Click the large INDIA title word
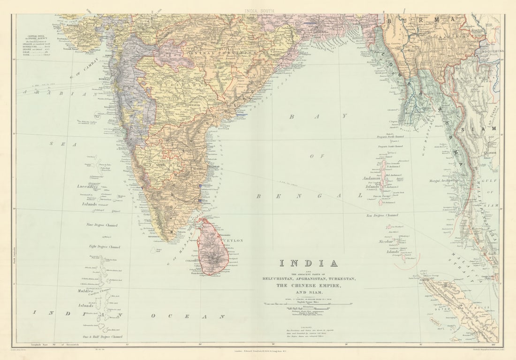(309, 263)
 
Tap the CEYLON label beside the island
(234, 240)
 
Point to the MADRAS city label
(213, 166)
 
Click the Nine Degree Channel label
(102, 225)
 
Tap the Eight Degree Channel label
(105, 246)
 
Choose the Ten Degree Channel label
(382, 215)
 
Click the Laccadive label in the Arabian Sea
(88, 186)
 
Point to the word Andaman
(371, 178)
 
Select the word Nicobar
(387, 242)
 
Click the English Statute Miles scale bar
(308, 304)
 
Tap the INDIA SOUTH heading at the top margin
(258, 10)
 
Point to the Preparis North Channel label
(390, 137)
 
